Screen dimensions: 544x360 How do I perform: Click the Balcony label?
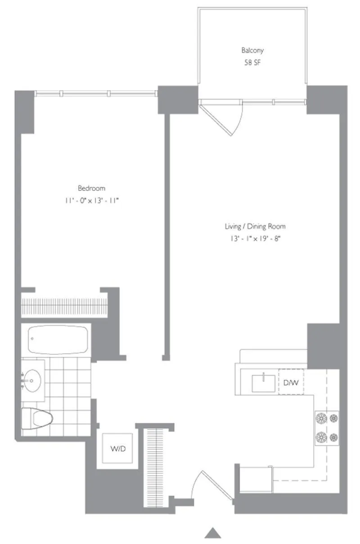click(252, 50)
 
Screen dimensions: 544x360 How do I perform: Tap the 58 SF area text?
click(252, 63)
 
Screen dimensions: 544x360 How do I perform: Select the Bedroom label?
click(91, 188)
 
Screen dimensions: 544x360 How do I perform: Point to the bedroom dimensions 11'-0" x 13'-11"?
click(91, 200)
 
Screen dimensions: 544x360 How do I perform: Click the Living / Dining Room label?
click(255, 227)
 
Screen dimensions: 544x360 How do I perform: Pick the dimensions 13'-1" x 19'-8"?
click(255, 239)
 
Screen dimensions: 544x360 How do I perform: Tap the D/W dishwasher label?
click(291, 383)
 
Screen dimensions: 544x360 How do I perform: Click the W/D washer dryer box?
click(117, 449)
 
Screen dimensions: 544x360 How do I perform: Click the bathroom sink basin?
click(32, 381)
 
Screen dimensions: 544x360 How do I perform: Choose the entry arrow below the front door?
click(213, 533)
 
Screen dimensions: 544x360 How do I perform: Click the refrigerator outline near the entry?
click(255, 480)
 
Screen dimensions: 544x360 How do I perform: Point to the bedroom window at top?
click(96, 94)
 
